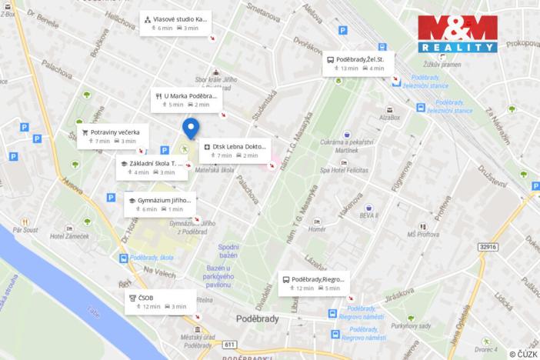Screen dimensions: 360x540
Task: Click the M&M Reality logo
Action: [x=457, y=33]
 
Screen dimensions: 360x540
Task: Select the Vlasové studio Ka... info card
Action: [x=175, y=22]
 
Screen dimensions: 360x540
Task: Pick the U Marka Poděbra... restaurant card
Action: [x=185, y=100]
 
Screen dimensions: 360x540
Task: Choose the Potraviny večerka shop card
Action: [x=110, y=136]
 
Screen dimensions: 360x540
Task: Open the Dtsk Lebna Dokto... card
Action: [x=235, y=150]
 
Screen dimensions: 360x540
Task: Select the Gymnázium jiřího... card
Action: [x=159, y=204]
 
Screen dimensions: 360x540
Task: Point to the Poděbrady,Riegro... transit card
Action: [x=313, y=283]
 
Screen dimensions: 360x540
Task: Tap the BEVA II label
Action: [x=368, y=216]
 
